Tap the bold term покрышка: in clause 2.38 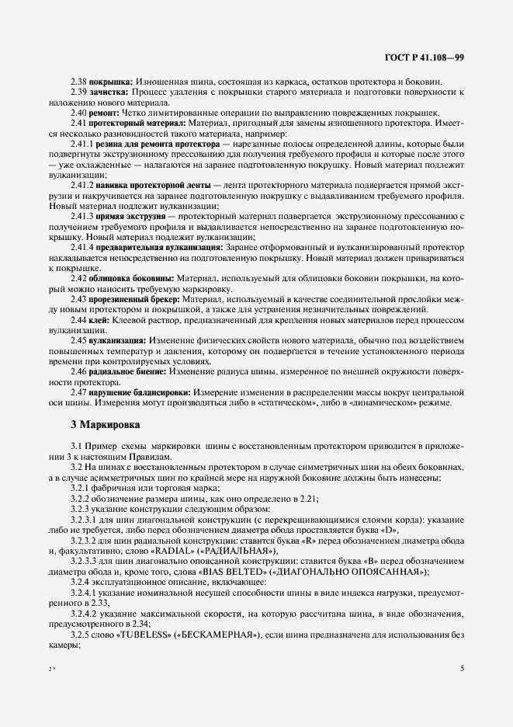click(x=111, y=82)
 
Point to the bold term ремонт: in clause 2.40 click(x=106, y=113)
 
